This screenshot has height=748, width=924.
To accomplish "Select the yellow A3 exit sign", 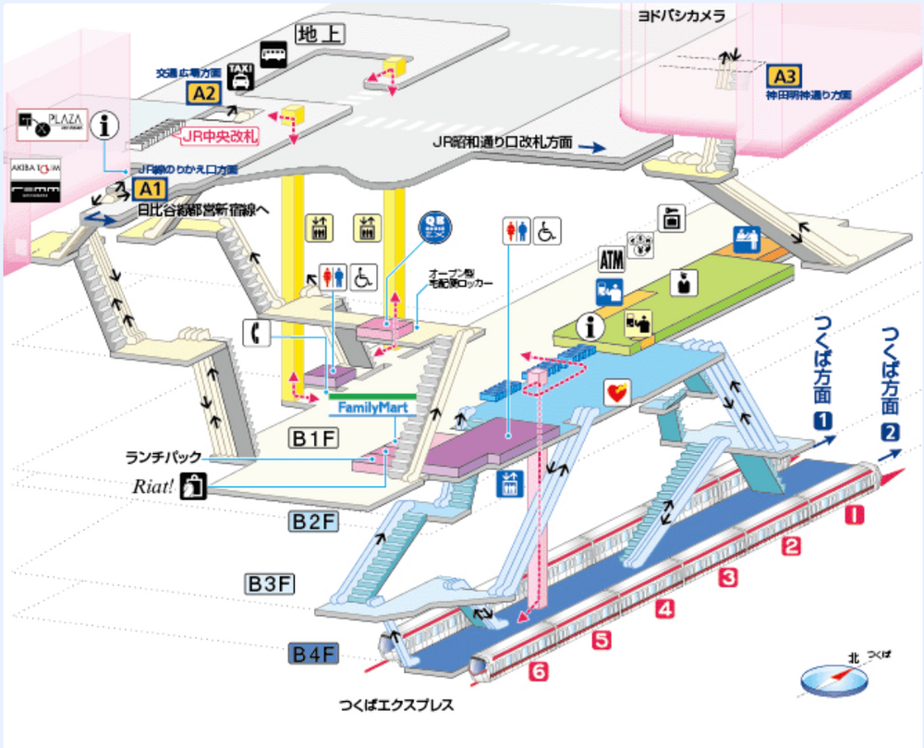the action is (784, 76).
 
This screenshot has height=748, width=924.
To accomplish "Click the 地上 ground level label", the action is (320, 34).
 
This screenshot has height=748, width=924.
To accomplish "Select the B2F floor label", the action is (314, 522).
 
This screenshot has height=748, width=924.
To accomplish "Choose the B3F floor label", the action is (270, 583).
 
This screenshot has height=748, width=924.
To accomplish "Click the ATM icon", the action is (612, 260).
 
